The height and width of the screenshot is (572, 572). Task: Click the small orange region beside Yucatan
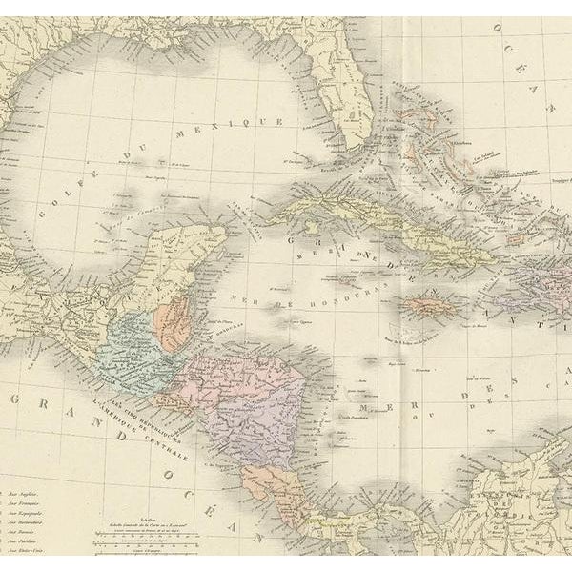pos(174,324)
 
